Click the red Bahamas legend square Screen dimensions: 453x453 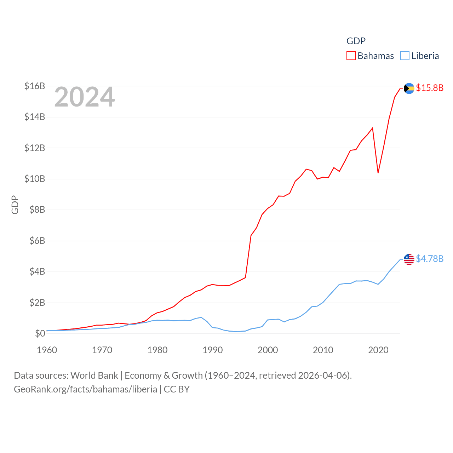pos(351,56)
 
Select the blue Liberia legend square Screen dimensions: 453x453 pos(405,56)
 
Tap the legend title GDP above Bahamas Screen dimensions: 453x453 pos(356,41)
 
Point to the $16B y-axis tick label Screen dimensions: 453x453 pos(35,86)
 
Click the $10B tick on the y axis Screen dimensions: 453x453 pos(35,179)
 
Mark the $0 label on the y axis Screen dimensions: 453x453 pos(40,333)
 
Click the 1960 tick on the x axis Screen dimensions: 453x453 pos(47,350)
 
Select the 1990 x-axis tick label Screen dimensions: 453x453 pos(213,350)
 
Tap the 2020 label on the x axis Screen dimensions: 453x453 pos(378,350)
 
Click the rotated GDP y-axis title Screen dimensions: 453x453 pos(15,205)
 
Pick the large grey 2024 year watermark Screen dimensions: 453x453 pos(85,97)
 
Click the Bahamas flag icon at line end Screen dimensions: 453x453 pos(409,88)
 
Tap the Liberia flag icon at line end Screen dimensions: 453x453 pos(409,259)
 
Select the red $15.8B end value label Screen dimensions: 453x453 pos(430,88)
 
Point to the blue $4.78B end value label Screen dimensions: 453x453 pos(430,259)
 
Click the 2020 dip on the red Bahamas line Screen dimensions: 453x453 pos(378,172)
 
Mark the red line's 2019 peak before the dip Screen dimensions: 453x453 pos(373,128)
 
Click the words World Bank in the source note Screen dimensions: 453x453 pos(94,375)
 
